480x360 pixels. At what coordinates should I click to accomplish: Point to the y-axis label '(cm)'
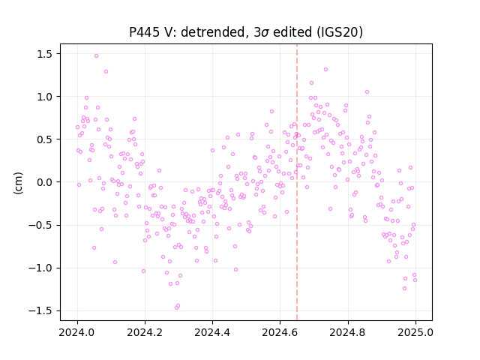18,182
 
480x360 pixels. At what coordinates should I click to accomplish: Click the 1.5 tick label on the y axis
45,54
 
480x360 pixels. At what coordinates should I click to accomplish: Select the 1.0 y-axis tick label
45,97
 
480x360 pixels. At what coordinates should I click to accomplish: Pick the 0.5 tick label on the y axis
45,139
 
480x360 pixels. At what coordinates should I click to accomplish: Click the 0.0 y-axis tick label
45,182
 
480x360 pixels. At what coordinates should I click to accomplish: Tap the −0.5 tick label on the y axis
40,225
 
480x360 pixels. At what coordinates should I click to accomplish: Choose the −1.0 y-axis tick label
40,268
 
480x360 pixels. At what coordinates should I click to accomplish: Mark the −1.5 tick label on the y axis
40,311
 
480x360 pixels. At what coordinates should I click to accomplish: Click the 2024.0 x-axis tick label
77,332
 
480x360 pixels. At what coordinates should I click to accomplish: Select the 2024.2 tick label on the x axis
145,332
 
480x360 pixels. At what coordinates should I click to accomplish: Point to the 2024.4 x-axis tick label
212,332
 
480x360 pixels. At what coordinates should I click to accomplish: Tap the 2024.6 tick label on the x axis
280,332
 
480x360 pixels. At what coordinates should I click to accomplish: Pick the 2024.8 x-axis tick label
348,332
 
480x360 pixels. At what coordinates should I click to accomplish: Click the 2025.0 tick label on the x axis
415,332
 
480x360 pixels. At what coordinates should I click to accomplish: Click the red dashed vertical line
297,182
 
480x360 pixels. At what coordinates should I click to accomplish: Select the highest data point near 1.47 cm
96,56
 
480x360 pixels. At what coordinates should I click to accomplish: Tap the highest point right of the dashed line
325,70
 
